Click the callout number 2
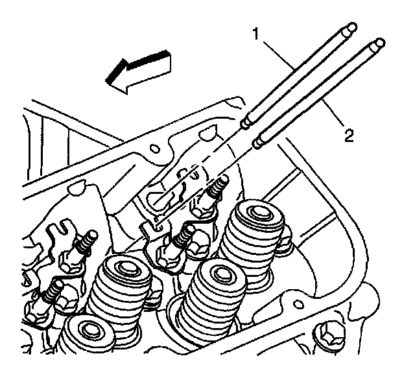coord(349,136)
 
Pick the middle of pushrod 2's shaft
coord(318,91)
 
